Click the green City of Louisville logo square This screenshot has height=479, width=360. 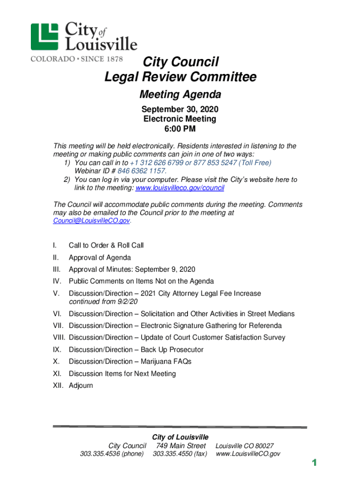click(x=45, y=36)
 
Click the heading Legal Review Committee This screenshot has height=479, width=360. click(x=180, y=77)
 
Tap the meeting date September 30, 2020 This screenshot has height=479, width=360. click(x=180, y=109)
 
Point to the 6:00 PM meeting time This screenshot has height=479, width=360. click(x=180, y=129)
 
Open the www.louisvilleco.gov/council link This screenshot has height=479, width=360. click(x=180, y=188)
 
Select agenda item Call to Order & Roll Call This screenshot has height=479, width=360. click(x=106, y=245)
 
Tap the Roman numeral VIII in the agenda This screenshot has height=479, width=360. click(x=60, y=337)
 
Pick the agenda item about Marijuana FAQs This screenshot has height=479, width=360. click(x=130, y=362)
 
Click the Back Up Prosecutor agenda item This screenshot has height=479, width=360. click(x=136, y=349)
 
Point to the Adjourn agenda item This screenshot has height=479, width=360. click(x=81, y=385)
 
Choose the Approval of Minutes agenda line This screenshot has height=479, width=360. click(x=132, y=269)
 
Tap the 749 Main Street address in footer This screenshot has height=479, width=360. click(x=181, y=446)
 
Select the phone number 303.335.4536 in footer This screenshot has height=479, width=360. click(x=112, y=454)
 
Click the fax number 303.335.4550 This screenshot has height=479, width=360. click(x=180, y=454)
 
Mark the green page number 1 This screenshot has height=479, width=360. click(x=315, y=463)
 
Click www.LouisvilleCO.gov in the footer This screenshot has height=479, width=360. click(x=248, y=454)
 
